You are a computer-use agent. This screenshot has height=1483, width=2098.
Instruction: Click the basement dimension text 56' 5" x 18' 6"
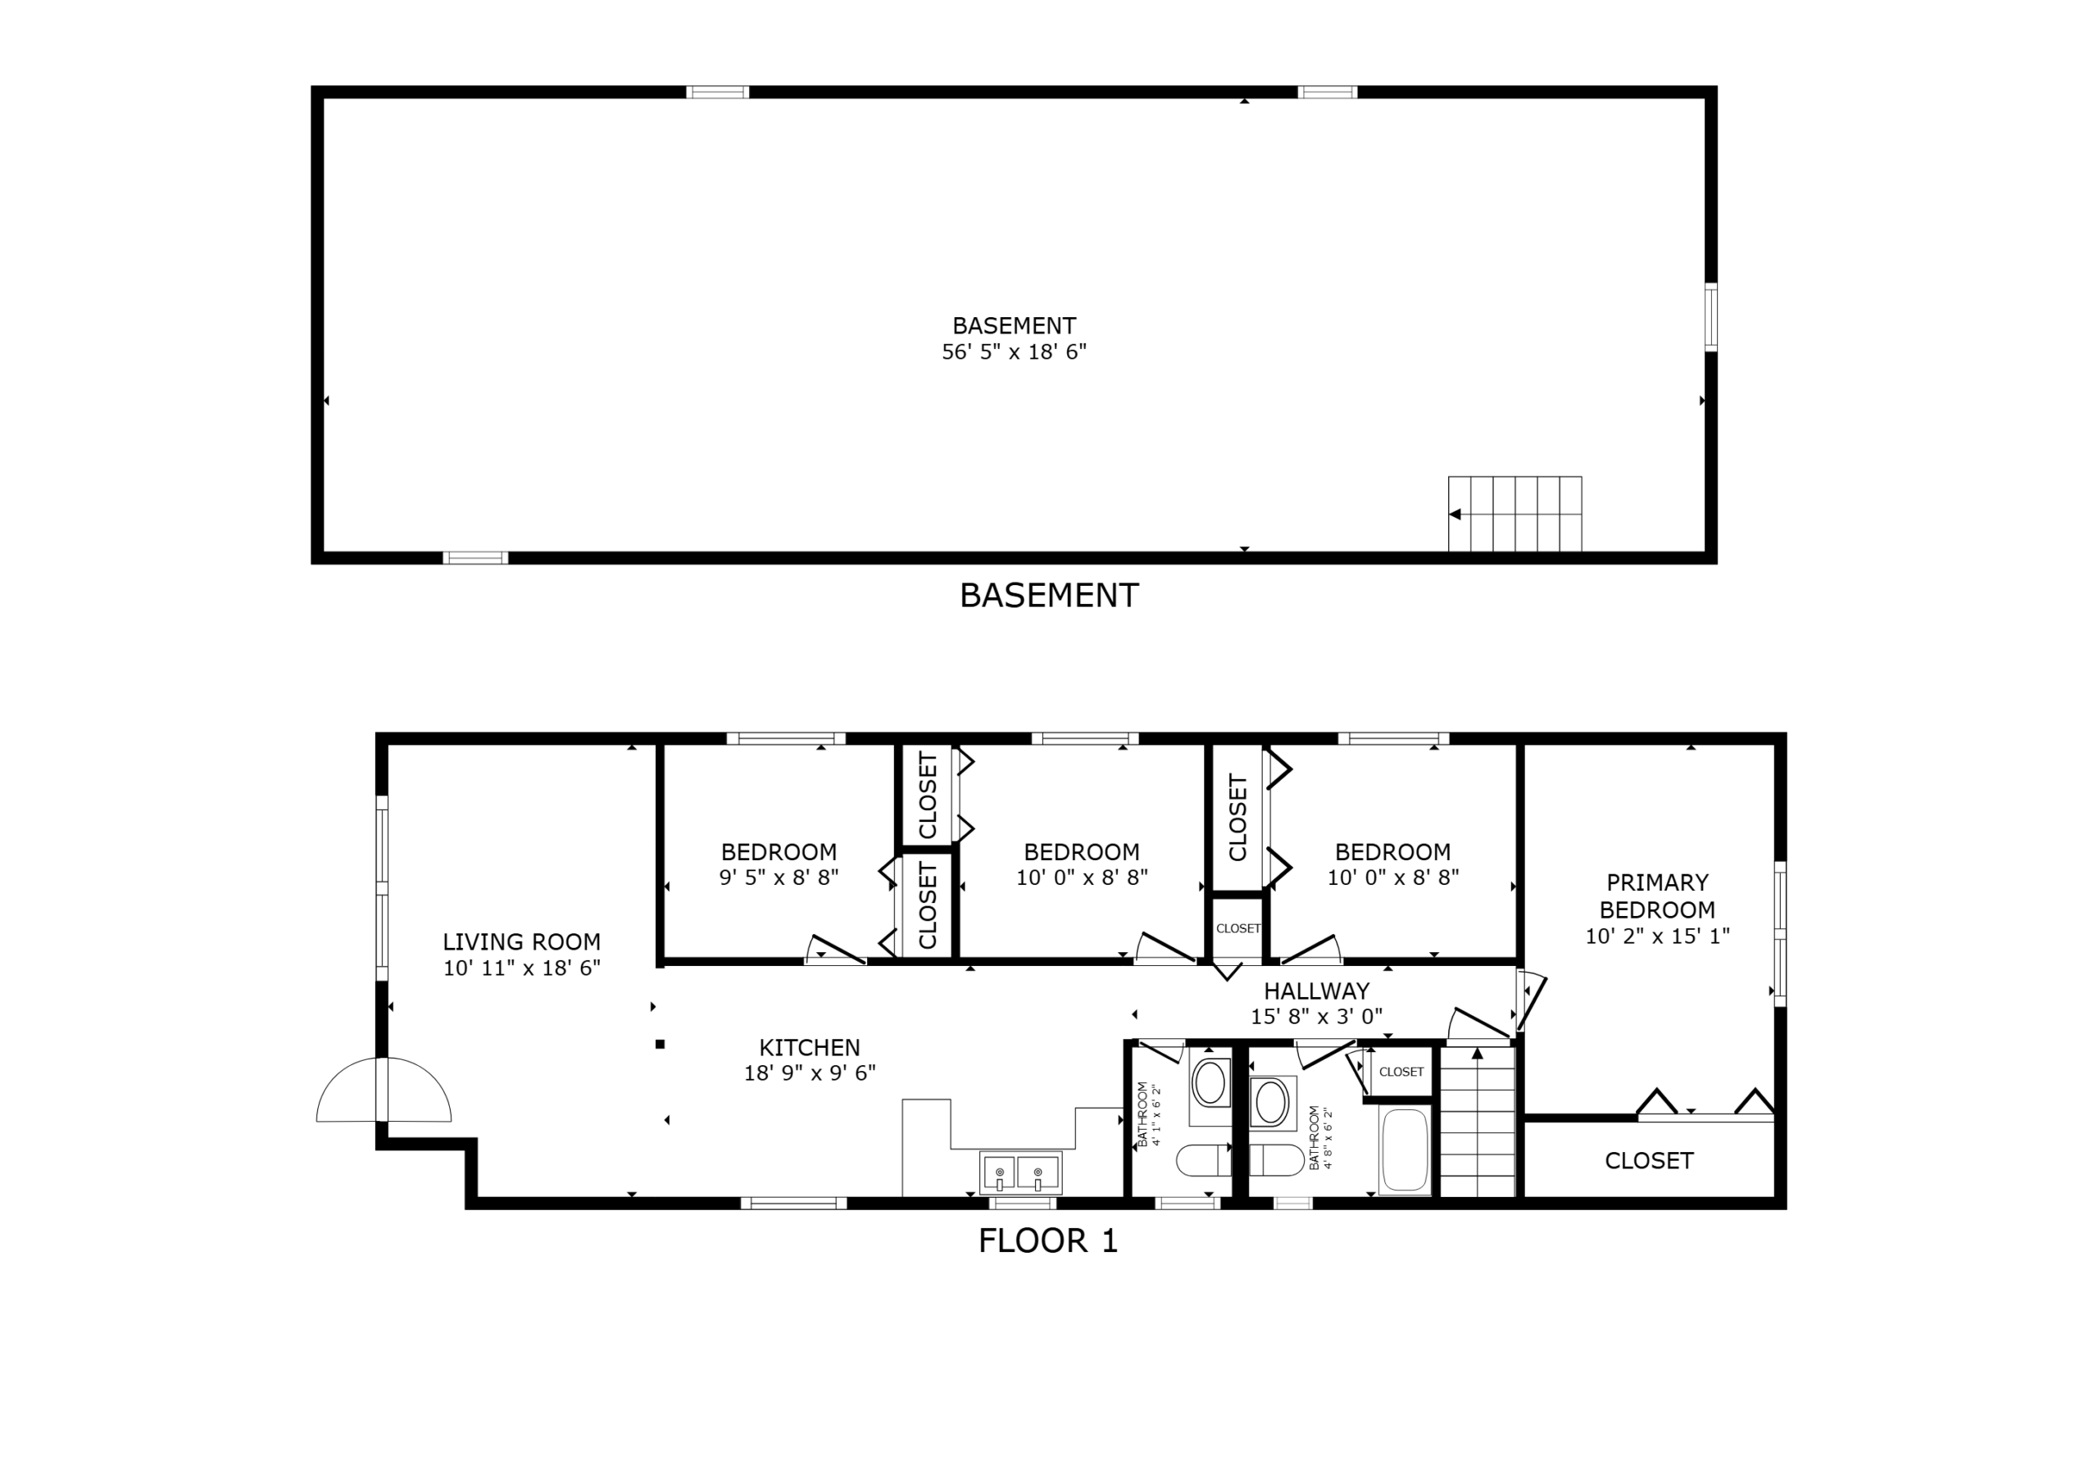[x=1014, y=351]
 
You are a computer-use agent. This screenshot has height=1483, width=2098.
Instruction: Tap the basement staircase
[x=1514, y=514]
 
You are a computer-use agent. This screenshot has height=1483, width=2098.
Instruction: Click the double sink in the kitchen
[x=1019, y=1172]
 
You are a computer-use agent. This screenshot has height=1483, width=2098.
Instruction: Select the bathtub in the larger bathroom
[x=1405, y=1151]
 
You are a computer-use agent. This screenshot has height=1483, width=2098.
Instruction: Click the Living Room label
[x=521, y=942]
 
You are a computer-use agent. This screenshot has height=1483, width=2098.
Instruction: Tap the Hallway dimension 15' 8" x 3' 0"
[x=1316, y=1016]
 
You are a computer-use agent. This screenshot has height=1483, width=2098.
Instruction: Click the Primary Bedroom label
[x=1656, y=896]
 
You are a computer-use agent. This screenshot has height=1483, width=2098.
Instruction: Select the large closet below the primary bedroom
[x=1648, y=1160]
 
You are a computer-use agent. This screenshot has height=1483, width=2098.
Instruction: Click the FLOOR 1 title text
[x=1047, y=1240]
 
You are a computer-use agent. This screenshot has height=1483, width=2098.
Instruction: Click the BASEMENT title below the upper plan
[x=1048, y=596]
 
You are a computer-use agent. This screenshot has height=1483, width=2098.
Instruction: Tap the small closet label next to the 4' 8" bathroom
[x=1401, y=1072]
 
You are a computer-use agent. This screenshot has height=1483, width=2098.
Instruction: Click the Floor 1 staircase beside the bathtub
[x=1478, y=1124]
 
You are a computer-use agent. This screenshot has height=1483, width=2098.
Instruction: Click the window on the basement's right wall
[x=1710, y=317]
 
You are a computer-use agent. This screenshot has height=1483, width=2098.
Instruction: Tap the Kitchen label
[x=809, y=1047]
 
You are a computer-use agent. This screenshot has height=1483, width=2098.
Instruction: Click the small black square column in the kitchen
[x=660, y=1045]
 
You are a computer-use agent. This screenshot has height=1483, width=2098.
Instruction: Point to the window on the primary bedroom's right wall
[x=1779, y=933]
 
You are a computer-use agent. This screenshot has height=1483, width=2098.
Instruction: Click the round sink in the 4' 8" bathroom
[x=1271, y=1103]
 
